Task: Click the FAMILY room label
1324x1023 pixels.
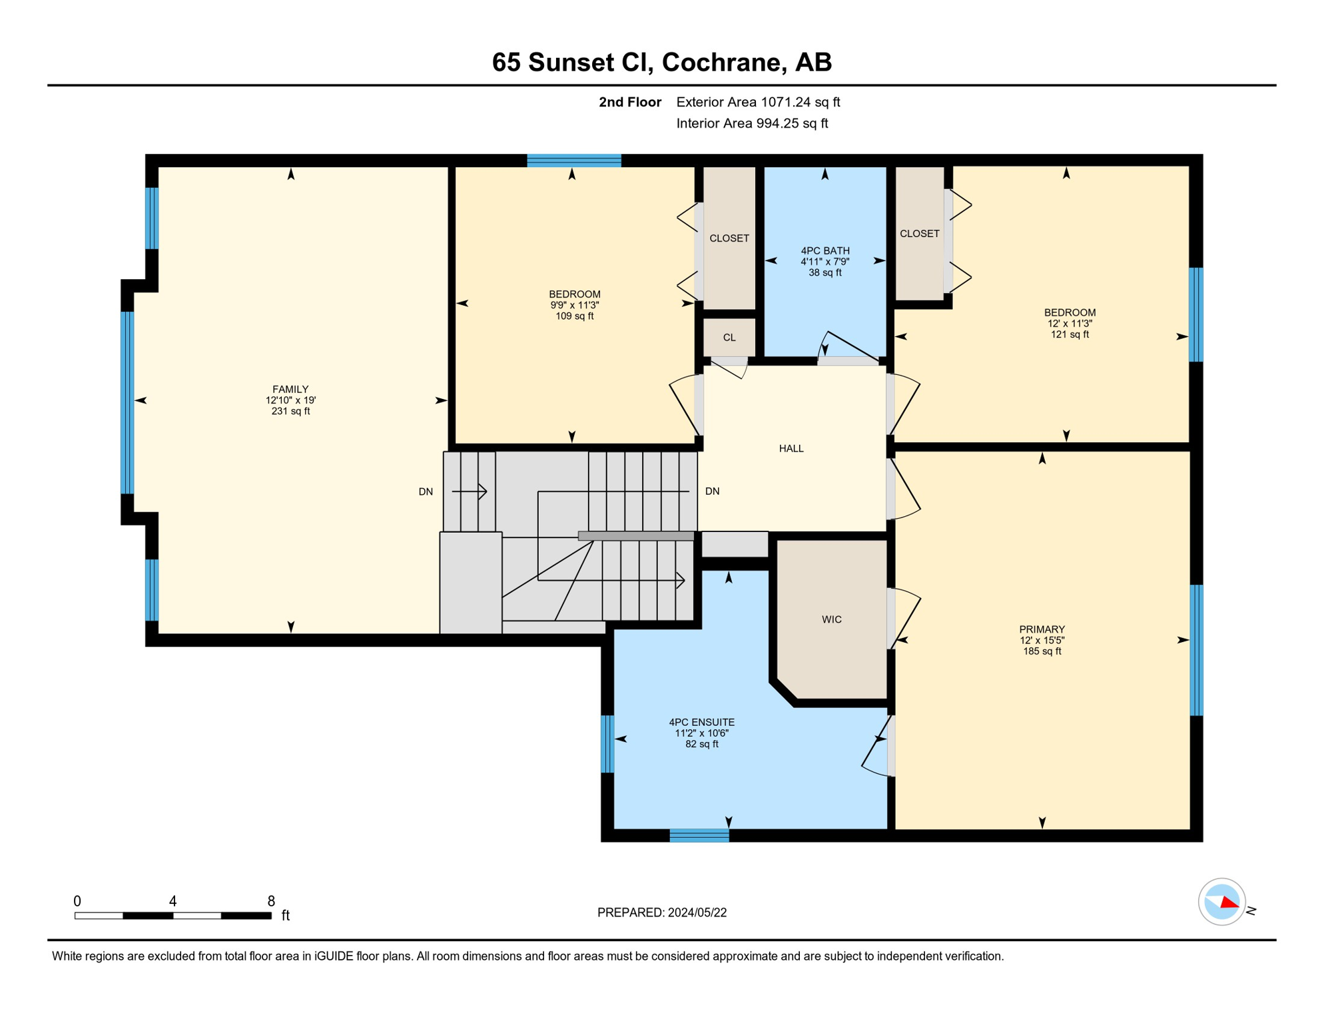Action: [290, 389]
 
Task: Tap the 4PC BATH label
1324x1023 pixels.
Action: [825, 250]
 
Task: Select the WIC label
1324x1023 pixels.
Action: [831, 619]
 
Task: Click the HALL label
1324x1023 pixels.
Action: [791, 448]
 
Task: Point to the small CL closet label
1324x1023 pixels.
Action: [729, 338]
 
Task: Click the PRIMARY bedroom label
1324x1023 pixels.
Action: [1042, 629]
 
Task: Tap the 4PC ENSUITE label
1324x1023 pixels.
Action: [701, 722]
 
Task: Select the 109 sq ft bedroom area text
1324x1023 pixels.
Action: [574, 316]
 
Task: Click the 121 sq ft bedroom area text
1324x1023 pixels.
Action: [1070, 334]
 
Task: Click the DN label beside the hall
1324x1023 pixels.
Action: [712, 491]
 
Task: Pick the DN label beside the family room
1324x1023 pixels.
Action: [426, 492]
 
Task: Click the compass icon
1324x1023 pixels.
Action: [1222, 902]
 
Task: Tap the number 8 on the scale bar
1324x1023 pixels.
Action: [271, 901]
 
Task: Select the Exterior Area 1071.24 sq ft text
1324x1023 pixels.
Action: [758, 102]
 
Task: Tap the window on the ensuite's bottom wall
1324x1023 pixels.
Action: [699, 835]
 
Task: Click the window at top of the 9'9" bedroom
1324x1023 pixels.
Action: [573, 161]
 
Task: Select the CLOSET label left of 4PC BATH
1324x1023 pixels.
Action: [729, 238]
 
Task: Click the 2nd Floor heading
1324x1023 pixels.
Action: [629, 102]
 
